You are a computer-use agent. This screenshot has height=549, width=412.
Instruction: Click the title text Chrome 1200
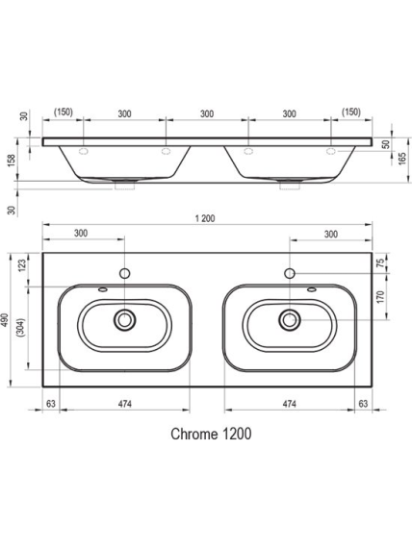click(x=211, y=434)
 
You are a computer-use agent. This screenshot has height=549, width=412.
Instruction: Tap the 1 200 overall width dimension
click(x=205, y=218)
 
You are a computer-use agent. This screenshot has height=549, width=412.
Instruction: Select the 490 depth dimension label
click(x=5, y=320)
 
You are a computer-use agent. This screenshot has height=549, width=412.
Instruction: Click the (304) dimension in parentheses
click(x=20, y=327)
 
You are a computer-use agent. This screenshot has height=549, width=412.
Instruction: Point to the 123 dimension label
click(x=22, y=265)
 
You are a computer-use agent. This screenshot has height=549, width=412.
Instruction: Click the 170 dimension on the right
click(x=381, y=297)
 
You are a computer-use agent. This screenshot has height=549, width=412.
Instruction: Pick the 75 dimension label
click(x=381, y=262)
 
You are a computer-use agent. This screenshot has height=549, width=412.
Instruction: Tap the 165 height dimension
click(x=402, y=159)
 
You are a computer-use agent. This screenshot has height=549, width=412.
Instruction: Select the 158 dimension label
click(x=12, y=161)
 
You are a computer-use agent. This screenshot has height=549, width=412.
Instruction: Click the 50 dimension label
click(x=386, y=144)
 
